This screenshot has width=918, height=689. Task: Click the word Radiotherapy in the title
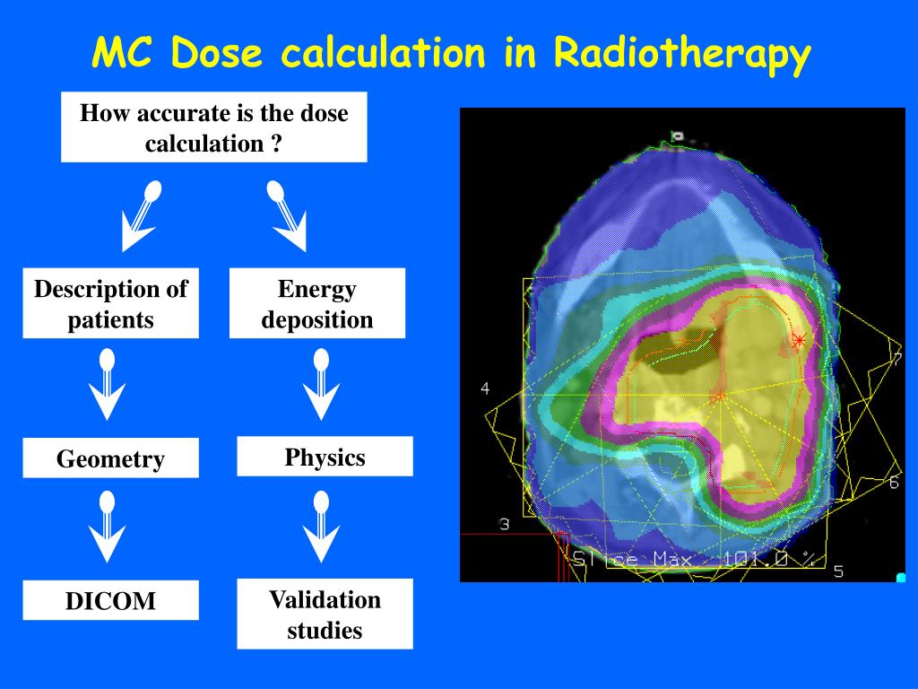point(681,55)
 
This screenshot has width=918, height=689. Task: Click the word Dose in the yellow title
point(216,53)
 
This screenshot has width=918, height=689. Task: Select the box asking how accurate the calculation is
point(213,127)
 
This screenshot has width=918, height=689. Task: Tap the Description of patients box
point(110,303)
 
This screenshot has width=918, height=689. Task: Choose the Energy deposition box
point(316,303)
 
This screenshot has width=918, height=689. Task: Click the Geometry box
point(110,458)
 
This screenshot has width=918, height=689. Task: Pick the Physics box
point(325,457)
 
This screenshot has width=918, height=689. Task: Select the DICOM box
point(110,600)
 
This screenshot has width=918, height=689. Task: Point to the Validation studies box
point(325,614)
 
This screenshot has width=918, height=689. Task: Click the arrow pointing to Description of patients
point(141,215)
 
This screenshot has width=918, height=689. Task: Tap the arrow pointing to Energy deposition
point(286,215)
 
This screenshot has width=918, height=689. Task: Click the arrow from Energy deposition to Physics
point(322,385)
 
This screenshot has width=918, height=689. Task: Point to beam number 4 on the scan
point(485,388)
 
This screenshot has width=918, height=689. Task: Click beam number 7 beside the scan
point(896,360)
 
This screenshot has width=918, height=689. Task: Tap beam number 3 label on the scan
point(504,524)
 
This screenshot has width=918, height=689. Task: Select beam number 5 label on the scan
point(838,571)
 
